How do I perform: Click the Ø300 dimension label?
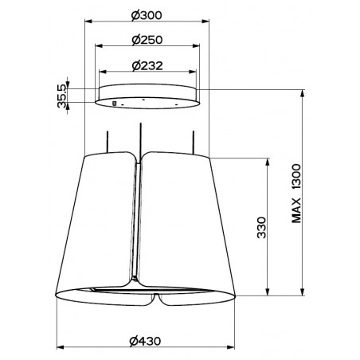[x=147, y=15]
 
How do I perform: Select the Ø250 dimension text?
[x=147, y=40]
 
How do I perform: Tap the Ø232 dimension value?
[x=147, y=65]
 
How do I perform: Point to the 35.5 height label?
[x=61, y=96]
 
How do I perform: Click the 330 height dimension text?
[x=261, y=228]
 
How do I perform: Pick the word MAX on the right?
[x=296, y=210]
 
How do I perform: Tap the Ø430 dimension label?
[x=145, y=341]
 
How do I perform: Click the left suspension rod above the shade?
[x=108, y=142]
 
